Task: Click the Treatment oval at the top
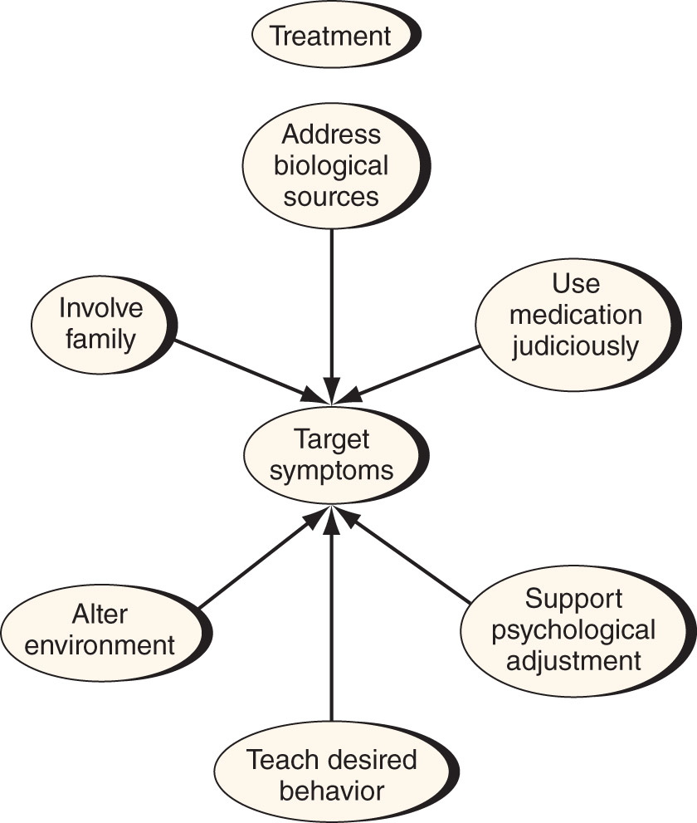(336, 35)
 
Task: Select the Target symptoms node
(336, 455)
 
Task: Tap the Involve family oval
(105, 324)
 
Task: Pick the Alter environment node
(106, 630)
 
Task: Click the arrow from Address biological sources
(331, 316)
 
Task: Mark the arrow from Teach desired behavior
(331, 614)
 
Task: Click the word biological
(331, 166)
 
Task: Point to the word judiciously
(575, 346)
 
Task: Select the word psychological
(573, 630)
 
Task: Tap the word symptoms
(331, 470)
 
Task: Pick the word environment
(100, 645)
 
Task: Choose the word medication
(576, 315)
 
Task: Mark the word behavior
(332, 791)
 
